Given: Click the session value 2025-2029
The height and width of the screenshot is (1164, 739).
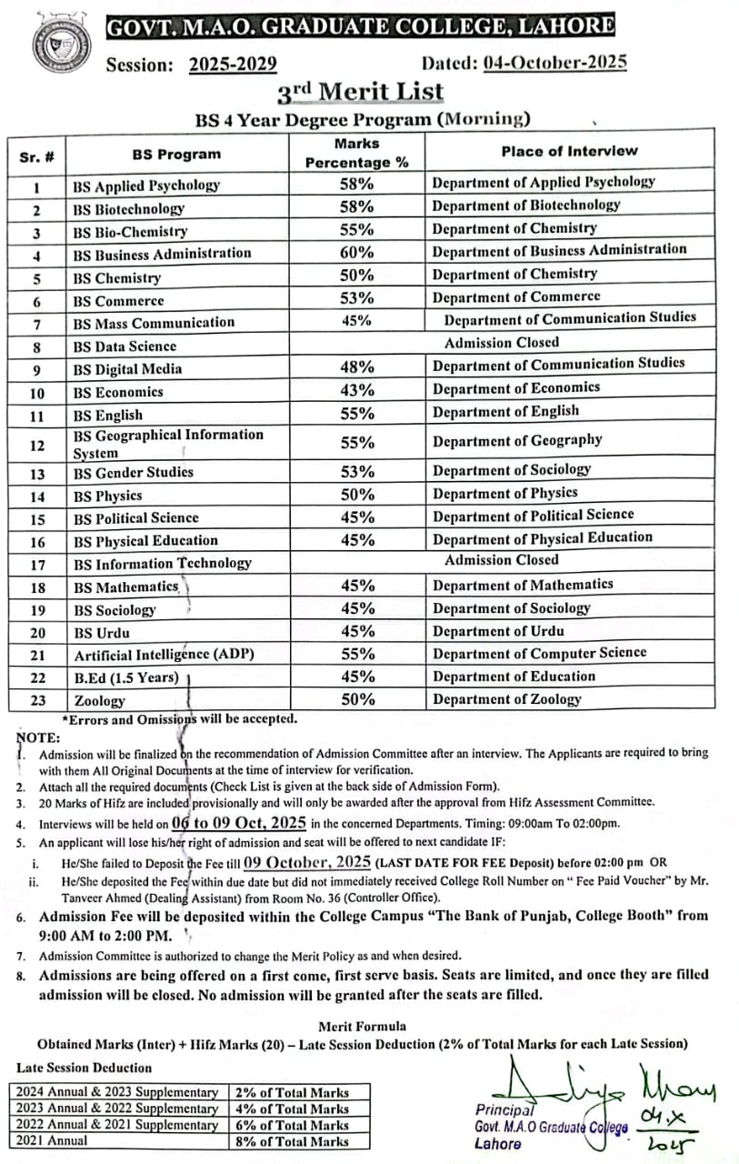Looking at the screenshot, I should click(x=233, y=65).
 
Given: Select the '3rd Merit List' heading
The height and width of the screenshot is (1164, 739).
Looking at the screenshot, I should click(x=361, y=92).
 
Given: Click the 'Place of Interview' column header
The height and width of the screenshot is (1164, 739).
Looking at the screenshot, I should click(x=569, y=152).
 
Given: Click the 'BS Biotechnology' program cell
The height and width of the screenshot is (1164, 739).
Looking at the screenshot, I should click(x=128, y=208).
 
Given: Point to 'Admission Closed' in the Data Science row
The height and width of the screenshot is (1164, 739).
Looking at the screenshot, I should click(x=502, y=343).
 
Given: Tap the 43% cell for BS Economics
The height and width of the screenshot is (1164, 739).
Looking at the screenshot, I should click(x=356, y=391).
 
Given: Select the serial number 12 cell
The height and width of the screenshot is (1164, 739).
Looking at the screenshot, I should click(x=36, y=444).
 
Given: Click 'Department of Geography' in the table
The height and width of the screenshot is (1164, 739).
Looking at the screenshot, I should click(x=517, y=441).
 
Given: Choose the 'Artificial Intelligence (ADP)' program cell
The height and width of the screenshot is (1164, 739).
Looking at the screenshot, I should click(x=164, y=655).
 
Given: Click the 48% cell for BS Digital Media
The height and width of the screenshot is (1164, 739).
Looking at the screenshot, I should click(x=356, y=367).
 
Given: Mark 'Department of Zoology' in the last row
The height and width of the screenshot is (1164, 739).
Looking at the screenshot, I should click(x=506, y=699).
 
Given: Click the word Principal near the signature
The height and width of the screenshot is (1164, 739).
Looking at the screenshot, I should click(x=504, y=1109).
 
